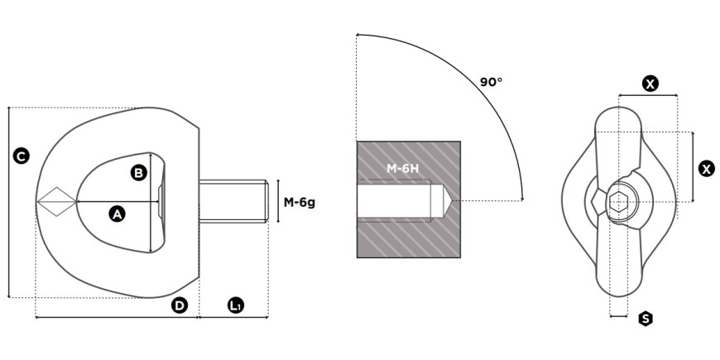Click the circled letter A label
[x=117, y=214]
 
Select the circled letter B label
[x=139, y=173]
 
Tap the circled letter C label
[x=21, y=156]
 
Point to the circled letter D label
[x=179, y=305]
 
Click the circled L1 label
[x=236, y=305]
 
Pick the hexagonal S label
[x=646, y=319]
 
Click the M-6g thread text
[x=299, y=202]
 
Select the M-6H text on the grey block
[x=403, y=169]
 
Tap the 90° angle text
[x=491, y=82]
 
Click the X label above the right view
[x=650, y=84]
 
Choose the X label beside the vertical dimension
[x=706, y=169]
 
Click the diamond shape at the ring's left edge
[x=56, y=202]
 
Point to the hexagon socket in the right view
[x=619, y=202]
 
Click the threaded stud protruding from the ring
[x=233, y=201]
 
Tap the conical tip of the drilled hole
[x=444, y=200]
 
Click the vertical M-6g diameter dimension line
[x=278, y=201]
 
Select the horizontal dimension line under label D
[x=117, y=317]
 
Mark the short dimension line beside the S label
[x=618, y=316]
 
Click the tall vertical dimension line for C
[x=9, y=202]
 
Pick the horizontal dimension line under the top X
[x=648, y=95]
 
